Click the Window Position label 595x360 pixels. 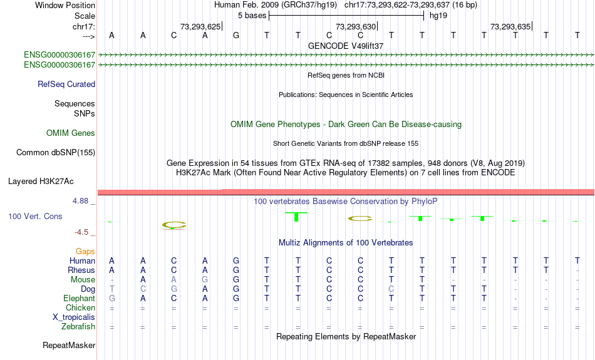(65, 5)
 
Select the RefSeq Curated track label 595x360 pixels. (66, 85)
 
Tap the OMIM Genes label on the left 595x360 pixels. (71, 133)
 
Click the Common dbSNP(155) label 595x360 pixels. (56, 153)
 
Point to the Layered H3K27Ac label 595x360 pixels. (41, 182)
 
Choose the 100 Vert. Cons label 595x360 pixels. (35, 216)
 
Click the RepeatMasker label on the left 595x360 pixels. (69, 345)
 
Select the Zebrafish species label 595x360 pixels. (78, 327)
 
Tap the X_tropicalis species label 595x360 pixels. (74, 317)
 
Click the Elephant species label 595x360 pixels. (79, 299)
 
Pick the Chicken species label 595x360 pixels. (80, 307)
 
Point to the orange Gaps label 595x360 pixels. (85, 252)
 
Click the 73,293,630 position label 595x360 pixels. (356, 26)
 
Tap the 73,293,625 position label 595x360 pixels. (200, 26)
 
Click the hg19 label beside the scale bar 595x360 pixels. (438, 16)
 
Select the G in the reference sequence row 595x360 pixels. (236, 35)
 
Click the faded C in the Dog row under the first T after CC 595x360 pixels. (391, 289)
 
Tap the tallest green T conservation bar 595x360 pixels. (296, 217)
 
